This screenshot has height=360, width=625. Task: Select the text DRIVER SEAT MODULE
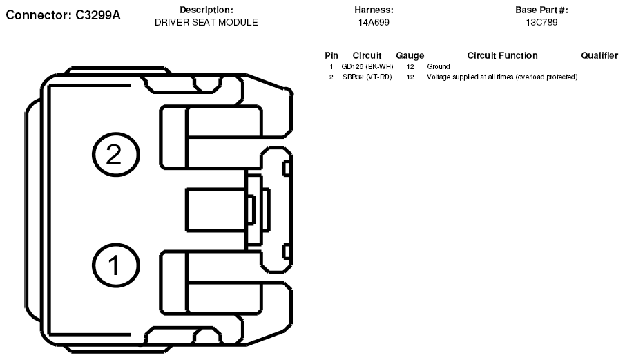tap(206, 22)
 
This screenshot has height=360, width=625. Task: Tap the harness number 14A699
tap(374, 22)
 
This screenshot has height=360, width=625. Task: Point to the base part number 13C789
tap(541, 22)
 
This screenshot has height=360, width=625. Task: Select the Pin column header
tap(331, 55)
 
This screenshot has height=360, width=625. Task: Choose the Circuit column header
tap(367, 55)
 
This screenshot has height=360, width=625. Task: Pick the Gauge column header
tap(410, 55)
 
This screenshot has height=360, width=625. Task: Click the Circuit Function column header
tap(502, 55)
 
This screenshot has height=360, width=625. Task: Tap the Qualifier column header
tap(599, 55)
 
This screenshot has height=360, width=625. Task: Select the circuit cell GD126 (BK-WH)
tap(367, 66)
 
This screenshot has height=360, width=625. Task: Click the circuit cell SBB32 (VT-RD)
tap(367, 77)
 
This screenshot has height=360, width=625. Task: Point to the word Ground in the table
tap(439, 66)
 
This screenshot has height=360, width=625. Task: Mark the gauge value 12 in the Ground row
tap(410, 66)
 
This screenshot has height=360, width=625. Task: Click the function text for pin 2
tap(502, 77)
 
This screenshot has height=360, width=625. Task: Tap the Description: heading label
tap(206, 10)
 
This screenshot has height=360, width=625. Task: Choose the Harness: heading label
tap(374, 10)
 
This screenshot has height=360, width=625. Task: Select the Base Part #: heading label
tap(541, 10)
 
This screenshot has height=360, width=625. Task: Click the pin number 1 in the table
tap(331, 66)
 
